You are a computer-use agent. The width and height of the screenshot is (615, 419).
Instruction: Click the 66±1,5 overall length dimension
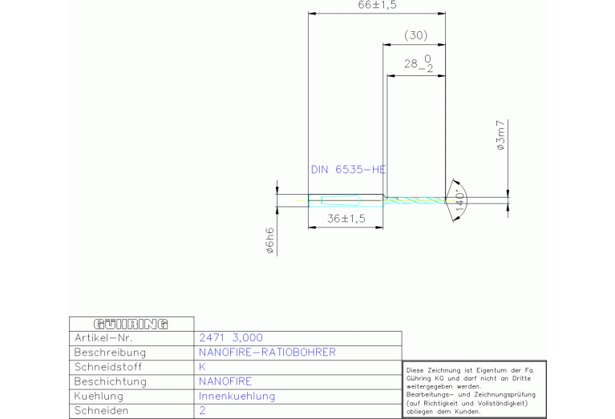click(377, 5)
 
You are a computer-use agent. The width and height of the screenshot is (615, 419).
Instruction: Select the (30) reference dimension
click(416, 35)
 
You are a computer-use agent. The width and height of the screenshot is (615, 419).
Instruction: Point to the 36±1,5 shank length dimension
click(346, 219)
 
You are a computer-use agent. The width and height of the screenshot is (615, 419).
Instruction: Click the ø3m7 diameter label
click(501, 135)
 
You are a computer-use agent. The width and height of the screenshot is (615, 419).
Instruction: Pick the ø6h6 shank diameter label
click(270, 240)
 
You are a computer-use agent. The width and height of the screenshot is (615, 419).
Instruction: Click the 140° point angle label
click(460, 200)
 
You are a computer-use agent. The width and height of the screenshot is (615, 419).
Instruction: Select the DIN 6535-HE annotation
click(348, 169)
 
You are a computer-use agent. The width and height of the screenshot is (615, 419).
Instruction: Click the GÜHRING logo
click(131, 324)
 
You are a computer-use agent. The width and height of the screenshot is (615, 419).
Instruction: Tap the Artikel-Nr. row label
click(103, 338)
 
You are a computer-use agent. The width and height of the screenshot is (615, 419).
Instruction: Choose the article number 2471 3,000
click(231, 337)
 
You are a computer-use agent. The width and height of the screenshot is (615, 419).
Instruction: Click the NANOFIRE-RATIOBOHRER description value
click(267, 352)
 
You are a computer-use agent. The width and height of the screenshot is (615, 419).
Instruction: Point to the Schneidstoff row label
click(108, 367)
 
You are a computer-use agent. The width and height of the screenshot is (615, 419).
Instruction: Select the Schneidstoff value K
click(202, 367)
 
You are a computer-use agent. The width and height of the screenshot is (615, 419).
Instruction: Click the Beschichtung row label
click(110, 381)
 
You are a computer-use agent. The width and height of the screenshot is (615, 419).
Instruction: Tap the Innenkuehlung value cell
click(237, 396)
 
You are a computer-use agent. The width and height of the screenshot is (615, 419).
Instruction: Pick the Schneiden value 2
click(202, 410)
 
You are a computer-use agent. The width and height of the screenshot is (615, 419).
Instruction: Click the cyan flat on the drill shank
click(341, 200)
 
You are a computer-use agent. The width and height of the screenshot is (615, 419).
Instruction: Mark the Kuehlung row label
click(99, 396)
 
